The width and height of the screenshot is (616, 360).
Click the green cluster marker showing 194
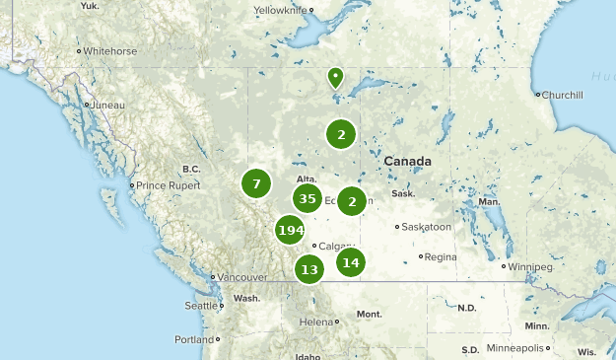pos(290,231)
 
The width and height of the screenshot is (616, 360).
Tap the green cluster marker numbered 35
pos(308,199)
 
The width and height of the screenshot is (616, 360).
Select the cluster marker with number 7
pos(256,183)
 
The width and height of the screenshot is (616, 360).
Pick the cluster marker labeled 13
pos(309,269)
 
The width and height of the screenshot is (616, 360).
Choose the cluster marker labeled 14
pos(351,262)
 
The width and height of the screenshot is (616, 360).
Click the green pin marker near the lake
pos(336,77)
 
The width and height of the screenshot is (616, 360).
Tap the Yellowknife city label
pos(281,10)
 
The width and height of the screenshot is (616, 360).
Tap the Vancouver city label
pos(242,277)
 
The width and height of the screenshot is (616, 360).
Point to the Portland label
pos(193,339)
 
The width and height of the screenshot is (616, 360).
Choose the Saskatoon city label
pos(427,227)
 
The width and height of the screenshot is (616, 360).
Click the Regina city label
pos(442,256)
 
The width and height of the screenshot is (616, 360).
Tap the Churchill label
pos(561,95)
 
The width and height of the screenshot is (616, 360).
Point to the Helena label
pos(317,322)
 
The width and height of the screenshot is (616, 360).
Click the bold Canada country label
pos(407,161)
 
